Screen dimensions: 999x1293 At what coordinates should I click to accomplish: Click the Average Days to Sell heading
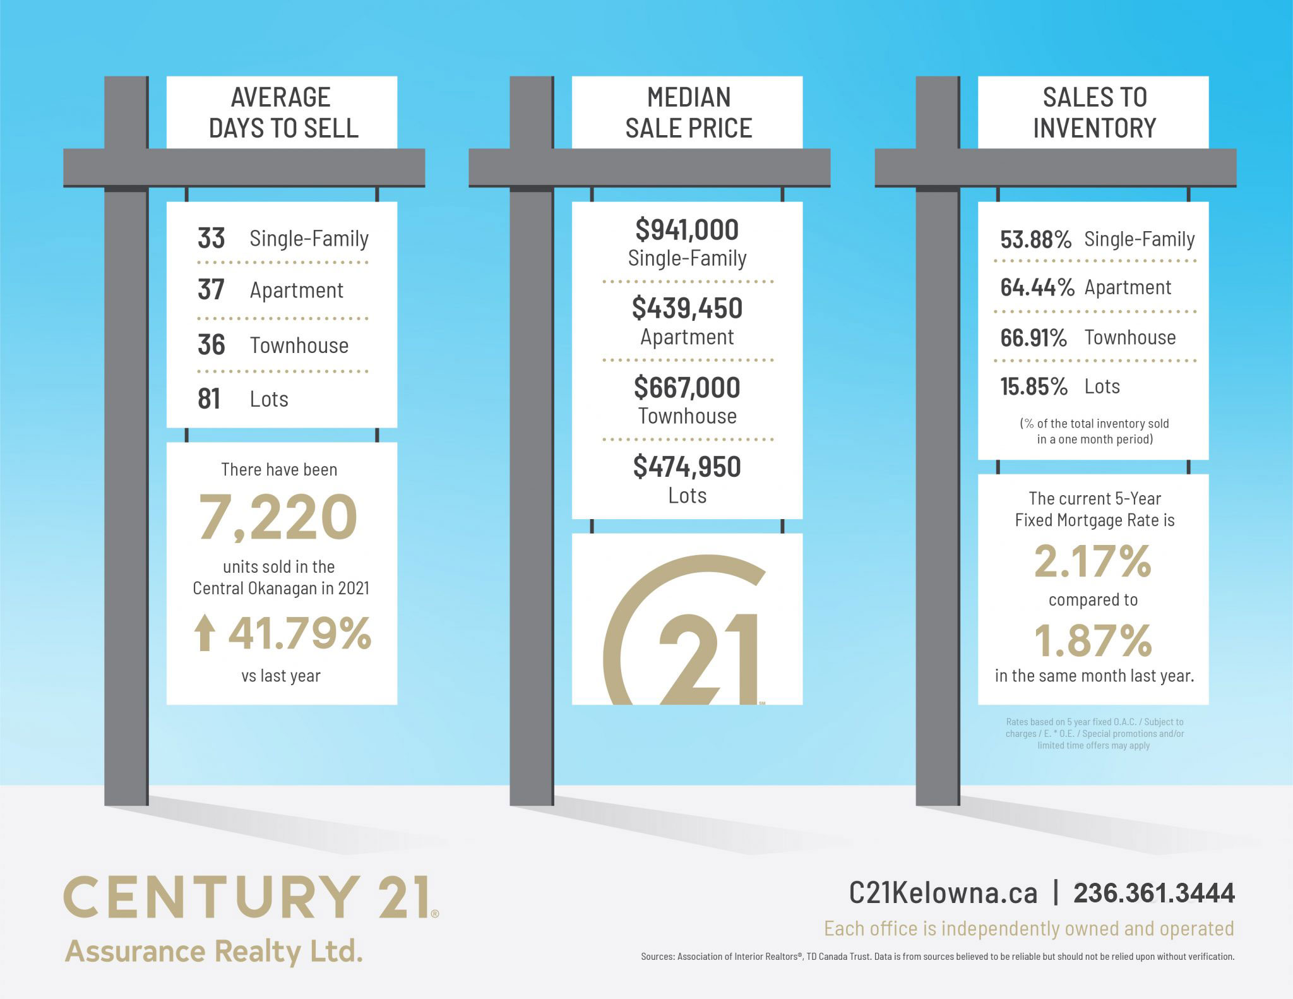coord(282,112)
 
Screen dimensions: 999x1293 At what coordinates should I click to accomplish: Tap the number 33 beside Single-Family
coord(211,239)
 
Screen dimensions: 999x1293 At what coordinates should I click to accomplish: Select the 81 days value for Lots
coord(209,399)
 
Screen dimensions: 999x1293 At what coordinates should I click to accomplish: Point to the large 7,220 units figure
coord(278,517)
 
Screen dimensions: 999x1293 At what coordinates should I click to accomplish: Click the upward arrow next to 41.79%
coord(204,633)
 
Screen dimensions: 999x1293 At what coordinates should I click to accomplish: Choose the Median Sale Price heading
coord(688,112)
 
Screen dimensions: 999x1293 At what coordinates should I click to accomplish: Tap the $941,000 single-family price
coord(687,230)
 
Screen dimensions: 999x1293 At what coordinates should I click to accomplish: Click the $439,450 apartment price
coord(687,308)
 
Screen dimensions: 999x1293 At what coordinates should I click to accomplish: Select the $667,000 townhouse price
coord(687,388)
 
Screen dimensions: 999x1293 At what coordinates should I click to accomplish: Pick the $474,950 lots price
coord(687,467)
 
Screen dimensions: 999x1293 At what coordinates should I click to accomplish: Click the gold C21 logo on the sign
coord(685,631)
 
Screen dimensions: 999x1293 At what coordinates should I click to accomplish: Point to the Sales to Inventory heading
coord(1094,112)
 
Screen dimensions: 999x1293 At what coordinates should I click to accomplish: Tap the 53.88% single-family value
coord(1035,240)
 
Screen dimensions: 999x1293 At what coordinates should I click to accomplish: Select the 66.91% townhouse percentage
coord(1034,338)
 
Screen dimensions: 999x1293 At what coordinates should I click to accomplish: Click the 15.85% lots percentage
coord(1034,386)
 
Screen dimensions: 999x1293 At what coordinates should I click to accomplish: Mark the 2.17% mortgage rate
coord(1093,561)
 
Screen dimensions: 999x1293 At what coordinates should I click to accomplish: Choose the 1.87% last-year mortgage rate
coord(1093,640)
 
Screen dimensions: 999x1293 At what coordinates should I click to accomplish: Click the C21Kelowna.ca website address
coord(943,893)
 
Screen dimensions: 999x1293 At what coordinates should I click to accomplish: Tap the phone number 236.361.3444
coord(1154,893)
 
